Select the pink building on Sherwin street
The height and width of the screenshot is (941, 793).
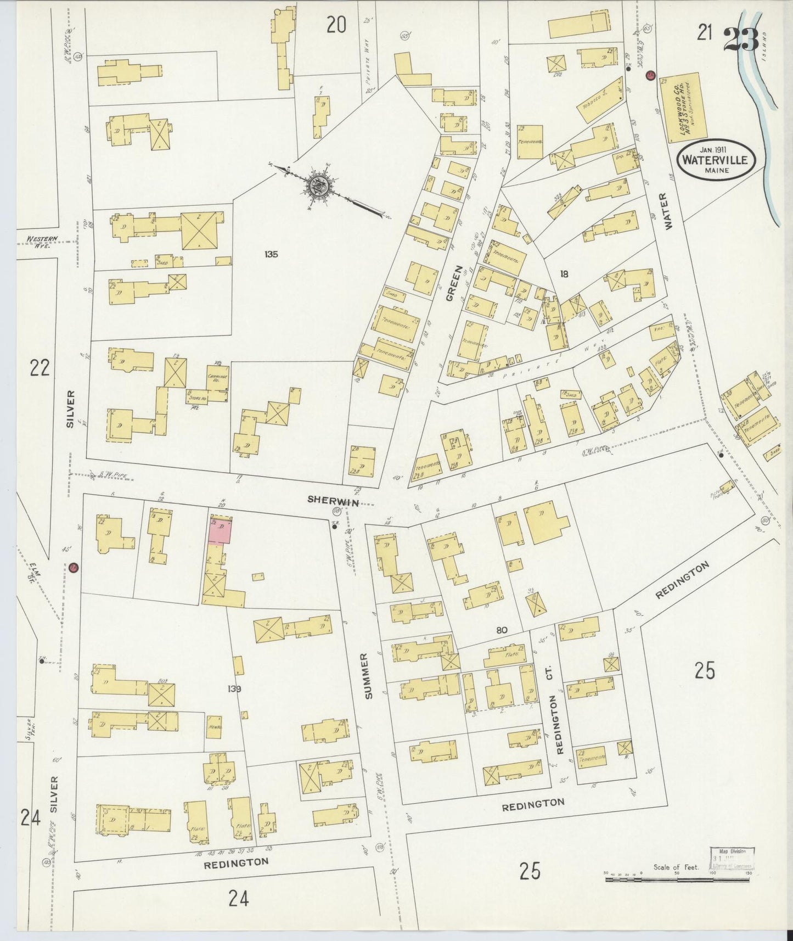pyautogui.click(x=220, y=530)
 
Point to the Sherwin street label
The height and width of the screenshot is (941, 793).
pyautogui.click(x=330, y=499)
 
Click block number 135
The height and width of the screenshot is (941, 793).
pyautogui.click(x=271, y=254)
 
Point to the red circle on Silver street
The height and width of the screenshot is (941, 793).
pyautogui.click(x=72, y=567)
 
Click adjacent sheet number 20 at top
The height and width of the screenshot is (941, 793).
pyautogui.click(x=336, y=24)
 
